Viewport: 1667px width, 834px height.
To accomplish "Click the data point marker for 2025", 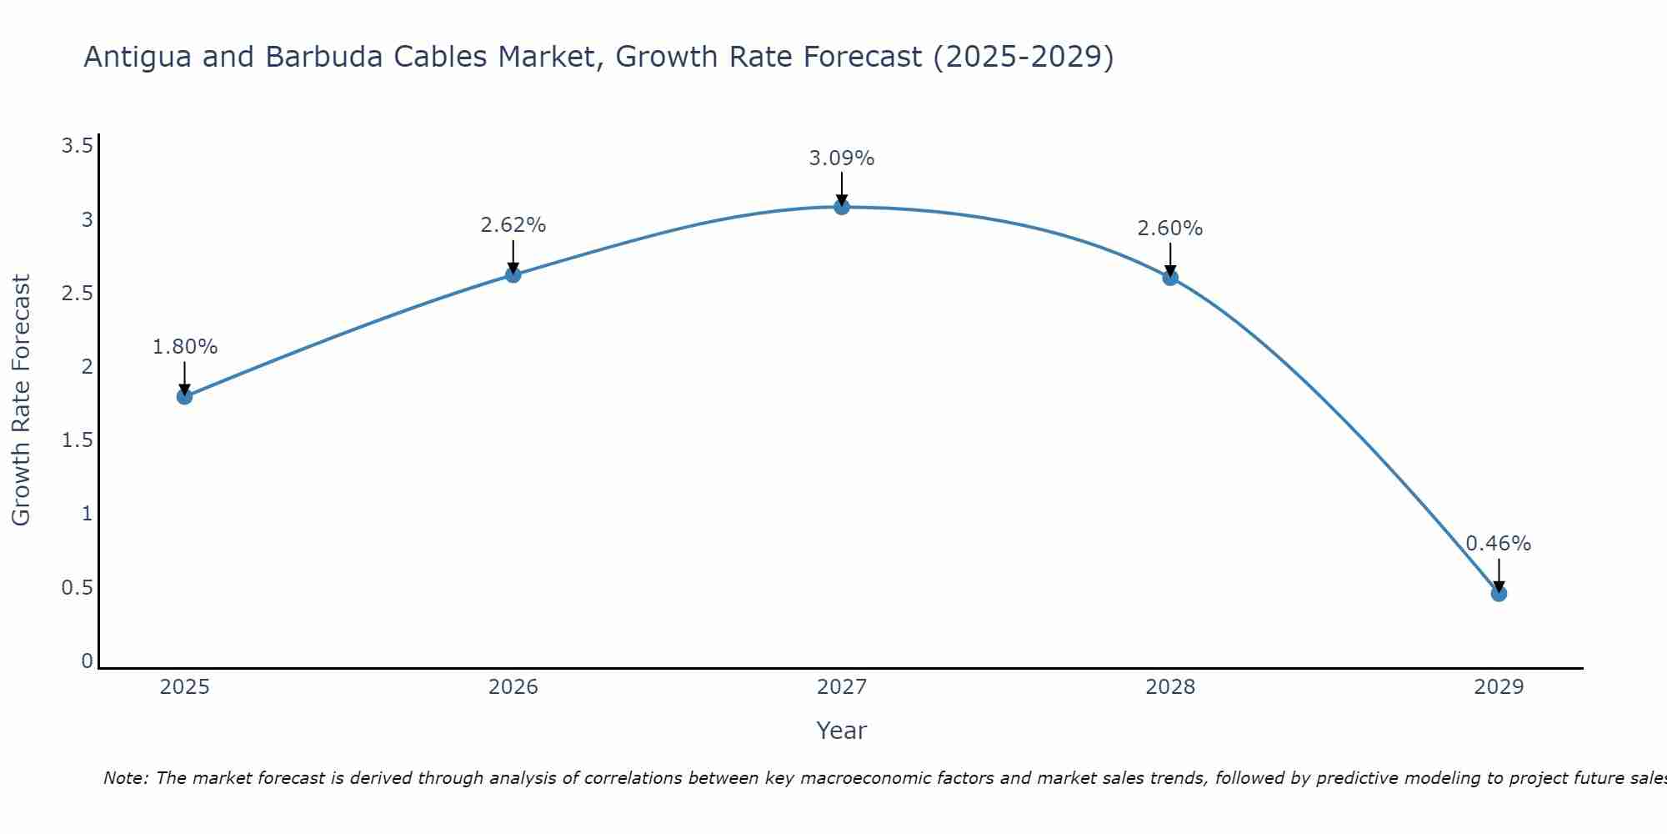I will coord(184,396).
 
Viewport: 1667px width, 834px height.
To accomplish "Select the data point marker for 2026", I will coord(513,274).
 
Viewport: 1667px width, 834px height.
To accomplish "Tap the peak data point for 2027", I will coord(842,206).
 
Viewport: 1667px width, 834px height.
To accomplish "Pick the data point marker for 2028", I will coord(1170,277).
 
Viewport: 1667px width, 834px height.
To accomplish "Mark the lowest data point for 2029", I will coord(1499,593).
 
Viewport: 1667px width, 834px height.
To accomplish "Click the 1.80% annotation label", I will coord(184,347).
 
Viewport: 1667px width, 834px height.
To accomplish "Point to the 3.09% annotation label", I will coord(842,158).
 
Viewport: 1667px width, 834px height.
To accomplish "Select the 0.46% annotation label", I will coord(1499,544).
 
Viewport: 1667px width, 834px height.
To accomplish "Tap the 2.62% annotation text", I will coord(513,225).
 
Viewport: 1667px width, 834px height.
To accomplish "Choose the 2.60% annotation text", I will coord(1170,229).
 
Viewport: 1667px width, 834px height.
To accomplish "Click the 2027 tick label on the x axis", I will coord(842,687).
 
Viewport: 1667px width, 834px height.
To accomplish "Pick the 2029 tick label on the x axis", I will coord(1499,687).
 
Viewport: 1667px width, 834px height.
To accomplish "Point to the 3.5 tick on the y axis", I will coord(77,147).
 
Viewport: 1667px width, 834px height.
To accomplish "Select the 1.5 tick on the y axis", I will coord(77,440).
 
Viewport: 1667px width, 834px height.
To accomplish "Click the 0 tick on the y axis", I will coord(87,661).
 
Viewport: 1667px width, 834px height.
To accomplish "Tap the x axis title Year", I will coord(842,731).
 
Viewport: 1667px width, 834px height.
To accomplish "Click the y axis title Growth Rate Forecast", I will coord(21,399).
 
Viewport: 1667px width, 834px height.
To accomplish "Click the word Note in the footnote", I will coord(125,778).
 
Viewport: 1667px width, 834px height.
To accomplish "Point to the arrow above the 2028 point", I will coord(1170,259).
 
